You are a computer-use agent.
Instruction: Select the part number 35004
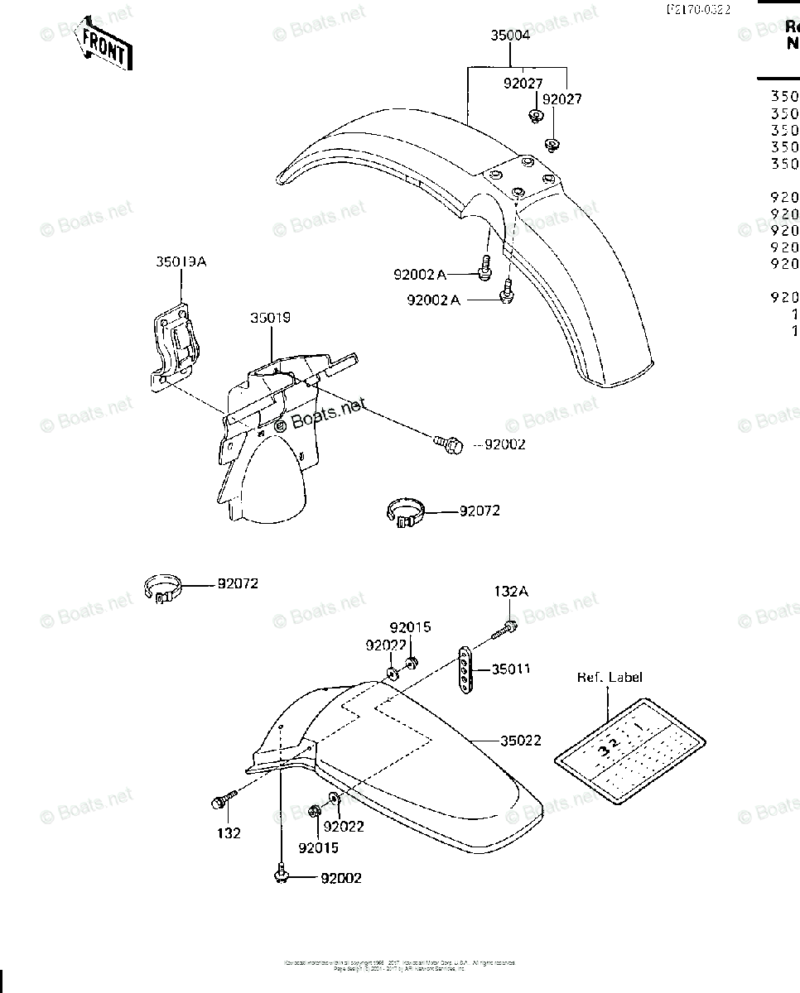(510, 36)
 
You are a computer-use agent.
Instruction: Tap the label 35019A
(181, 262)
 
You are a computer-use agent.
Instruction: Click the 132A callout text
(511, 591)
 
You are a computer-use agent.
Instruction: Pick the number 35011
(510, 669)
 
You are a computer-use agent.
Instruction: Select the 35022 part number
(520, 741)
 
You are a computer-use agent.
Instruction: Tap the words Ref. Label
(610, 677)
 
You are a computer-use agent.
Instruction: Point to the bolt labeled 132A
(505, 630)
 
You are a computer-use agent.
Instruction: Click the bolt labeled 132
(222, 800)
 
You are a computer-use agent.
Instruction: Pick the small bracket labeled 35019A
(176, 348)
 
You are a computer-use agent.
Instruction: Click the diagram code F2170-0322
(701, 10)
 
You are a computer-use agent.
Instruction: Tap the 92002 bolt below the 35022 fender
(281, 874)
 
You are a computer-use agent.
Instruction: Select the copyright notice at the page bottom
(399, 966)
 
